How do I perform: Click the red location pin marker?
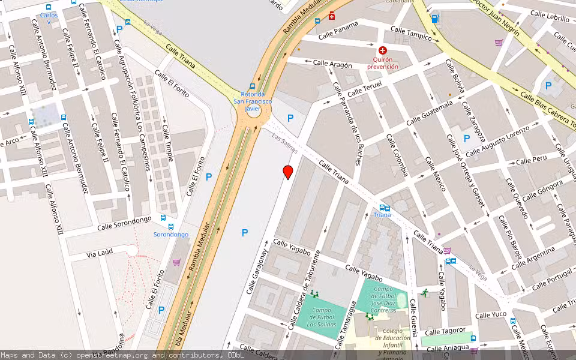point(288,172)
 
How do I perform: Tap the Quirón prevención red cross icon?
point(383,51)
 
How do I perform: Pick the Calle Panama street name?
point(338,30)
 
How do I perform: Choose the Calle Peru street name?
point(531,160)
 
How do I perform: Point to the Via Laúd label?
point(100,254)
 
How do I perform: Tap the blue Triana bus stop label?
point(382,215)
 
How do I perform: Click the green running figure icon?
point(425,293)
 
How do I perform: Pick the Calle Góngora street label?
point(538,193)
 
